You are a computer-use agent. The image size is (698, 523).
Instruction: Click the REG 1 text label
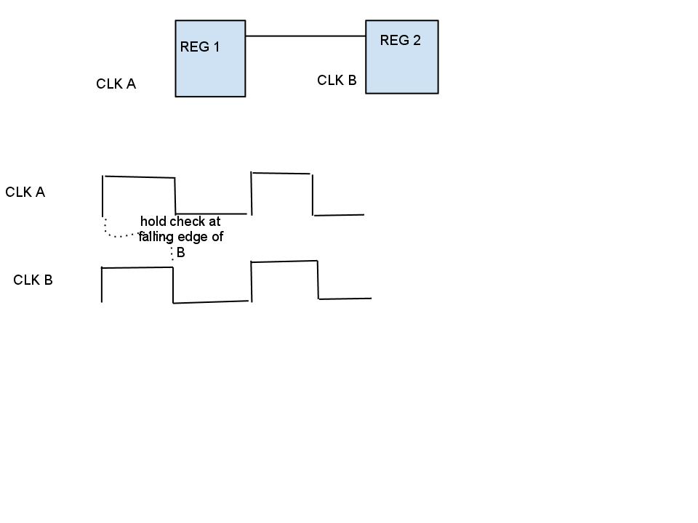200,47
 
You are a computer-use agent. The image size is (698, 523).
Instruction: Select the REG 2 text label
400,41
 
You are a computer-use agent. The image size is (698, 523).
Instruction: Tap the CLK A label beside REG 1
116,84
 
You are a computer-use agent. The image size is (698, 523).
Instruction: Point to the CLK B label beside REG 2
337,81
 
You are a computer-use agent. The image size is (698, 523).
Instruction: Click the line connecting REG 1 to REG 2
305,35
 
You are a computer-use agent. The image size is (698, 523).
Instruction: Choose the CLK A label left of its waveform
25,192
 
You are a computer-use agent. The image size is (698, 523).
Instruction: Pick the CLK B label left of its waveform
33,280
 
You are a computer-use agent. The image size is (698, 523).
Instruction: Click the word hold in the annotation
154,221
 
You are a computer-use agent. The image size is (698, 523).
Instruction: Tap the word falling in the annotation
156,237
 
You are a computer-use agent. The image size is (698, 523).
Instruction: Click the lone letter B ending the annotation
181,253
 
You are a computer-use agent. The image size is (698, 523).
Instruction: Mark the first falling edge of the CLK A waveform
175,195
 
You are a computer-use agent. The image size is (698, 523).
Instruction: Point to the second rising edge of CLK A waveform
252,193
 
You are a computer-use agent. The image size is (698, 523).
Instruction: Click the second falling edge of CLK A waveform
313,195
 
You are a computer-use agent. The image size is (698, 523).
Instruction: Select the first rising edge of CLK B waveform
102,285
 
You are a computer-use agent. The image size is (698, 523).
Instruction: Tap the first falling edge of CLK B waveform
173,285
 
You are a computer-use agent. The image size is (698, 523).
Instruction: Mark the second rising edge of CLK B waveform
251,281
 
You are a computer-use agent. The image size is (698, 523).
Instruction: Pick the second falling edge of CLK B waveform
318,280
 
